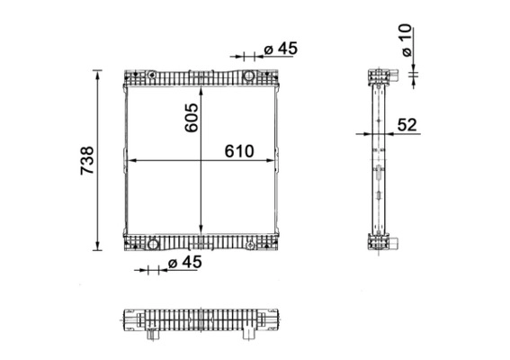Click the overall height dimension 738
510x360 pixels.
click(x=87, y=159)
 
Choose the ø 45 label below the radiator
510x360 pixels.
click(x=185, y=262)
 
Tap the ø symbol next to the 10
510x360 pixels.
click(x=407, y=53)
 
